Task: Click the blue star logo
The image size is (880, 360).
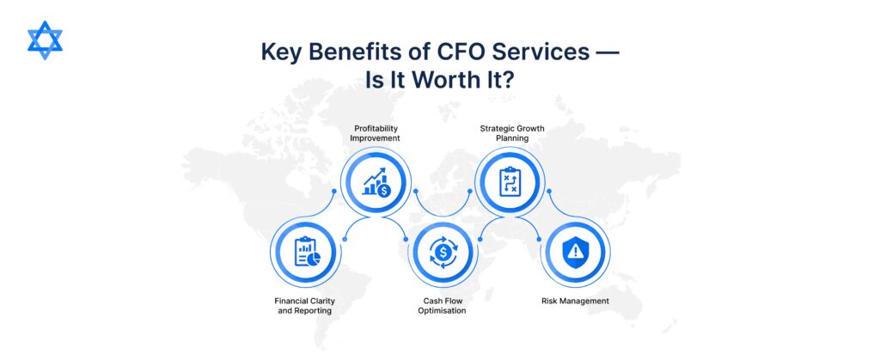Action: click(45, 40)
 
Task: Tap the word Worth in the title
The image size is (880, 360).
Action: click(449, 80)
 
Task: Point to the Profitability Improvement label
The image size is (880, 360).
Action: click(376, 133)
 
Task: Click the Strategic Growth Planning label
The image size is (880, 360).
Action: click(512, 133)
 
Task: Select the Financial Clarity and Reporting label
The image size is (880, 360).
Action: click(305, 306)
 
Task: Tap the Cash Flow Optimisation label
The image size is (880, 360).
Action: click(443, 306)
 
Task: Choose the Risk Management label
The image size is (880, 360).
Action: click(575, 301)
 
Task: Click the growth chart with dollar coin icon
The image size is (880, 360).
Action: click(376, 182)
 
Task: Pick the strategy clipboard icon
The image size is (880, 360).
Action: click(510, 182)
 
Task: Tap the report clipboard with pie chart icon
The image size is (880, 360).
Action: click(307, 252)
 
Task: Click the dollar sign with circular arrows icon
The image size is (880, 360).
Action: click(443, 252)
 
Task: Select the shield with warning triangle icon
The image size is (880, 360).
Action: click(575, 252)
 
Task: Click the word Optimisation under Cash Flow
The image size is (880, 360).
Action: click(443, 310)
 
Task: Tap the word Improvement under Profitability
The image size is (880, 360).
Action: click(376, 138)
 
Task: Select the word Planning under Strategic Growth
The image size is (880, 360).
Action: click(512, 138)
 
